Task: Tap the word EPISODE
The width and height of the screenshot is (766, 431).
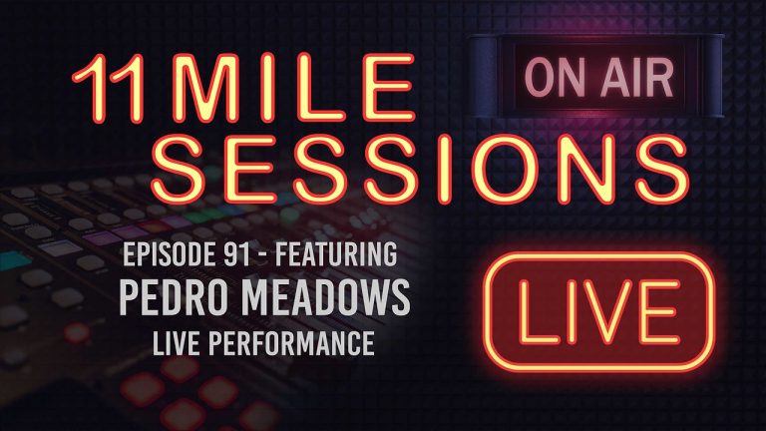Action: click(x=164, y=256)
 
